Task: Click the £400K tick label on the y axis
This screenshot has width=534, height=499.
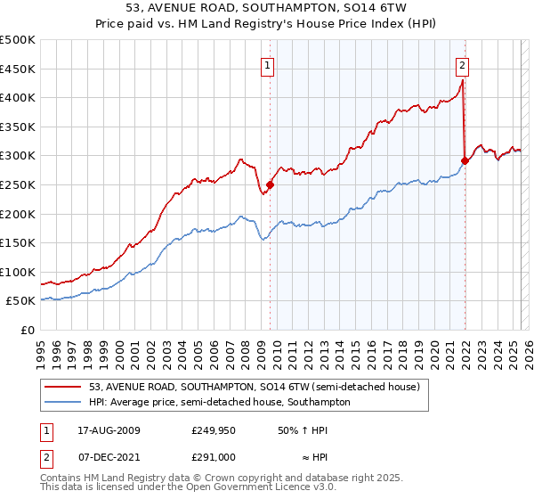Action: tap(18, 98)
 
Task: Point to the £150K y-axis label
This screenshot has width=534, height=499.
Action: tap(18, 242)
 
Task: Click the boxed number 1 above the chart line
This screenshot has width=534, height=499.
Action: tap(268, 64)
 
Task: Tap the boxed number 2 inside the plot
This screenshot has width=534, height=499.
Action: tap(463, 64)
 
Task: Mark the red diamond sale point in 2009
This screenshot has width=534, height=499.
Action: tap(271, 184)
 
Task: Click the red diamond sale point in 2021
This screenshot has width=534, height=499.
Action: tap(465, 161)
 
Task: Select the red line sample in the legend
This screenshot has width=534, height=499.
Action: tap(63, 387)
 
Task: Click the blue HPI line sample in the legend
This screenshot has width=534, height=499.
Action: tap(63, 402)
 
